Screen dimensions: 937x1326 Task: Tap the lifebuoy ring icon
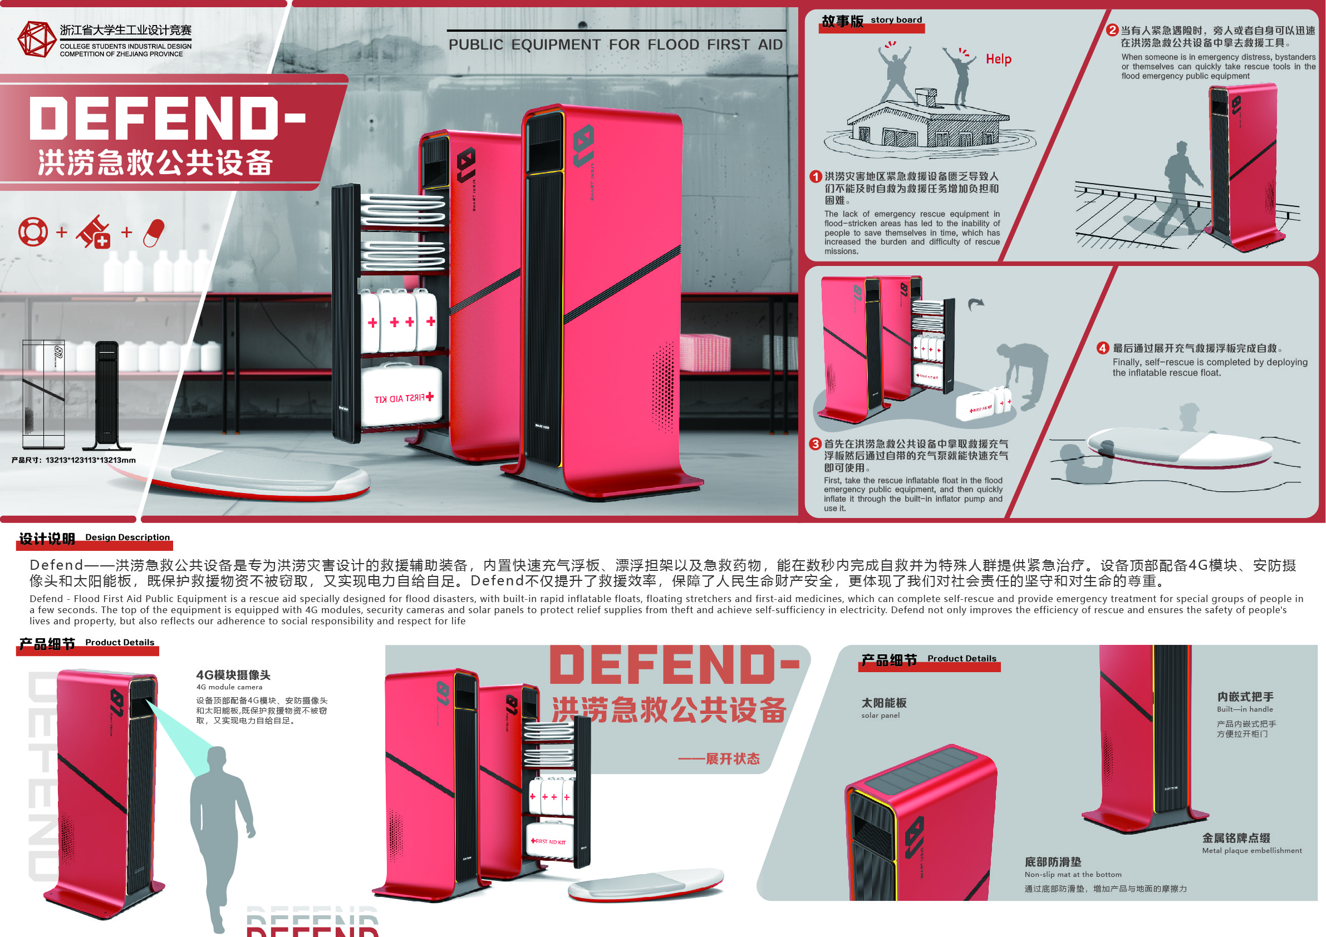coord(33,231)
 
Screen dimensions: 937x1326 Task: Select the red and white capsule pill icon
coord(154,233)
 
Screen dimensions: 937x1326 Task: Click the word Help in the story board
coord(998,59)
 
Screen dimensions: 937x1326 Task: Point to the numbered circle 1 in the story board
coord(816,177)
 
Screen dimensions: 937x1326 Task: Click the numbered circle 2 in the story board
coord(1112,30)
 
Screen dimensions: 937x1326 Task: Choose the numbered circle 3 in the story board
coord(815,444)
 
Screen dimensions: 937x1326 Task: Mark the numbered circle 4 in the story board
coord(1103,348)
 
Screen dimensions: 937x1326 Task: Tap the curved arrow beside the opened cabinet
coord(975,304)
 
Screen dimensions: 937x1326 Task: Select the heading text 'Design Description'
coord(127,537)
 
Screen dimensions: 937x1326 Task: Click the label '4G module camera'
coord(229,687)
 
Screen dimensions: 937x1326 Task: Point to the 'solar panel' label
coord(880,716)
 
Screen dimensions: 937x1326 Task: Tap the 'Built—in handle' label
coord(1245,709)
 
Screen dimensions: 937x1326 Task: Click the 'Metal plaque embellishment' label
coord(1251,850)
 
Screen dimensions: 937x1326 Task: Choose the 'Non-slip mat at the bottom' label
coord(1073,875)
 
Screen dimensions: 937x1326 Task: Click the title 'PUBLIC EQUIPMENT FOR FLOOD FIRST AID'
coord(615,45)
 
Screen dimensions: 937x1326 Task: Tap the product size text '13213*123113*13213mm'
coord(91,460)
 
